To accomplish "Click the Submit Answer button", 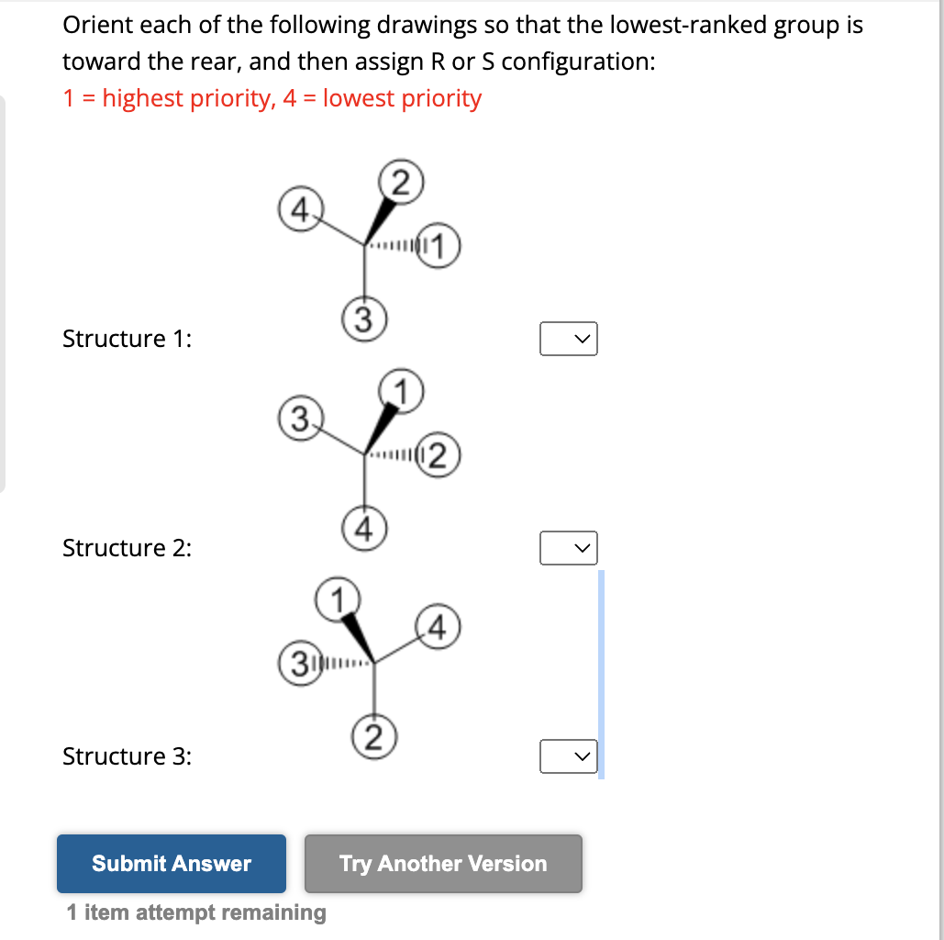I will click(171, 863).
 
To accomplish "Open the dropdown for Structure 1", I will click(568, 339).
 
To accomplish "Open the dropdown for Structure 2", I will click(568, 548).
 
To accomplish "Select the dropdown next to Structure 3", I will click(568, 757).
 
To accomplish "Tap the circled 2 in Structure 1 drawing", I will click(403, 179).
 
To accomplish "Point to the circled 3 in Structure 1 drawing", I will click(363, 319).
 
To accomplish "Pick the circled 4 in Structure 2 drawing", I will click(363, 528).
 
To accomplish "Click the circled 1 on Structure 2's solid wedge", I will click(402, 388).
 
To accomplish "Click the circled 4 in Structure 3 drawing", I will click(439, 628).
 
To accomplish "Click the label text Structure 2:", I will click(127, 548).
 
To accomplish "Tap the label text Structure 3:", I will click(127, 756).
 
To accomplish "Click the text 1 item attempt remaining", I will click(196, 912).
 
